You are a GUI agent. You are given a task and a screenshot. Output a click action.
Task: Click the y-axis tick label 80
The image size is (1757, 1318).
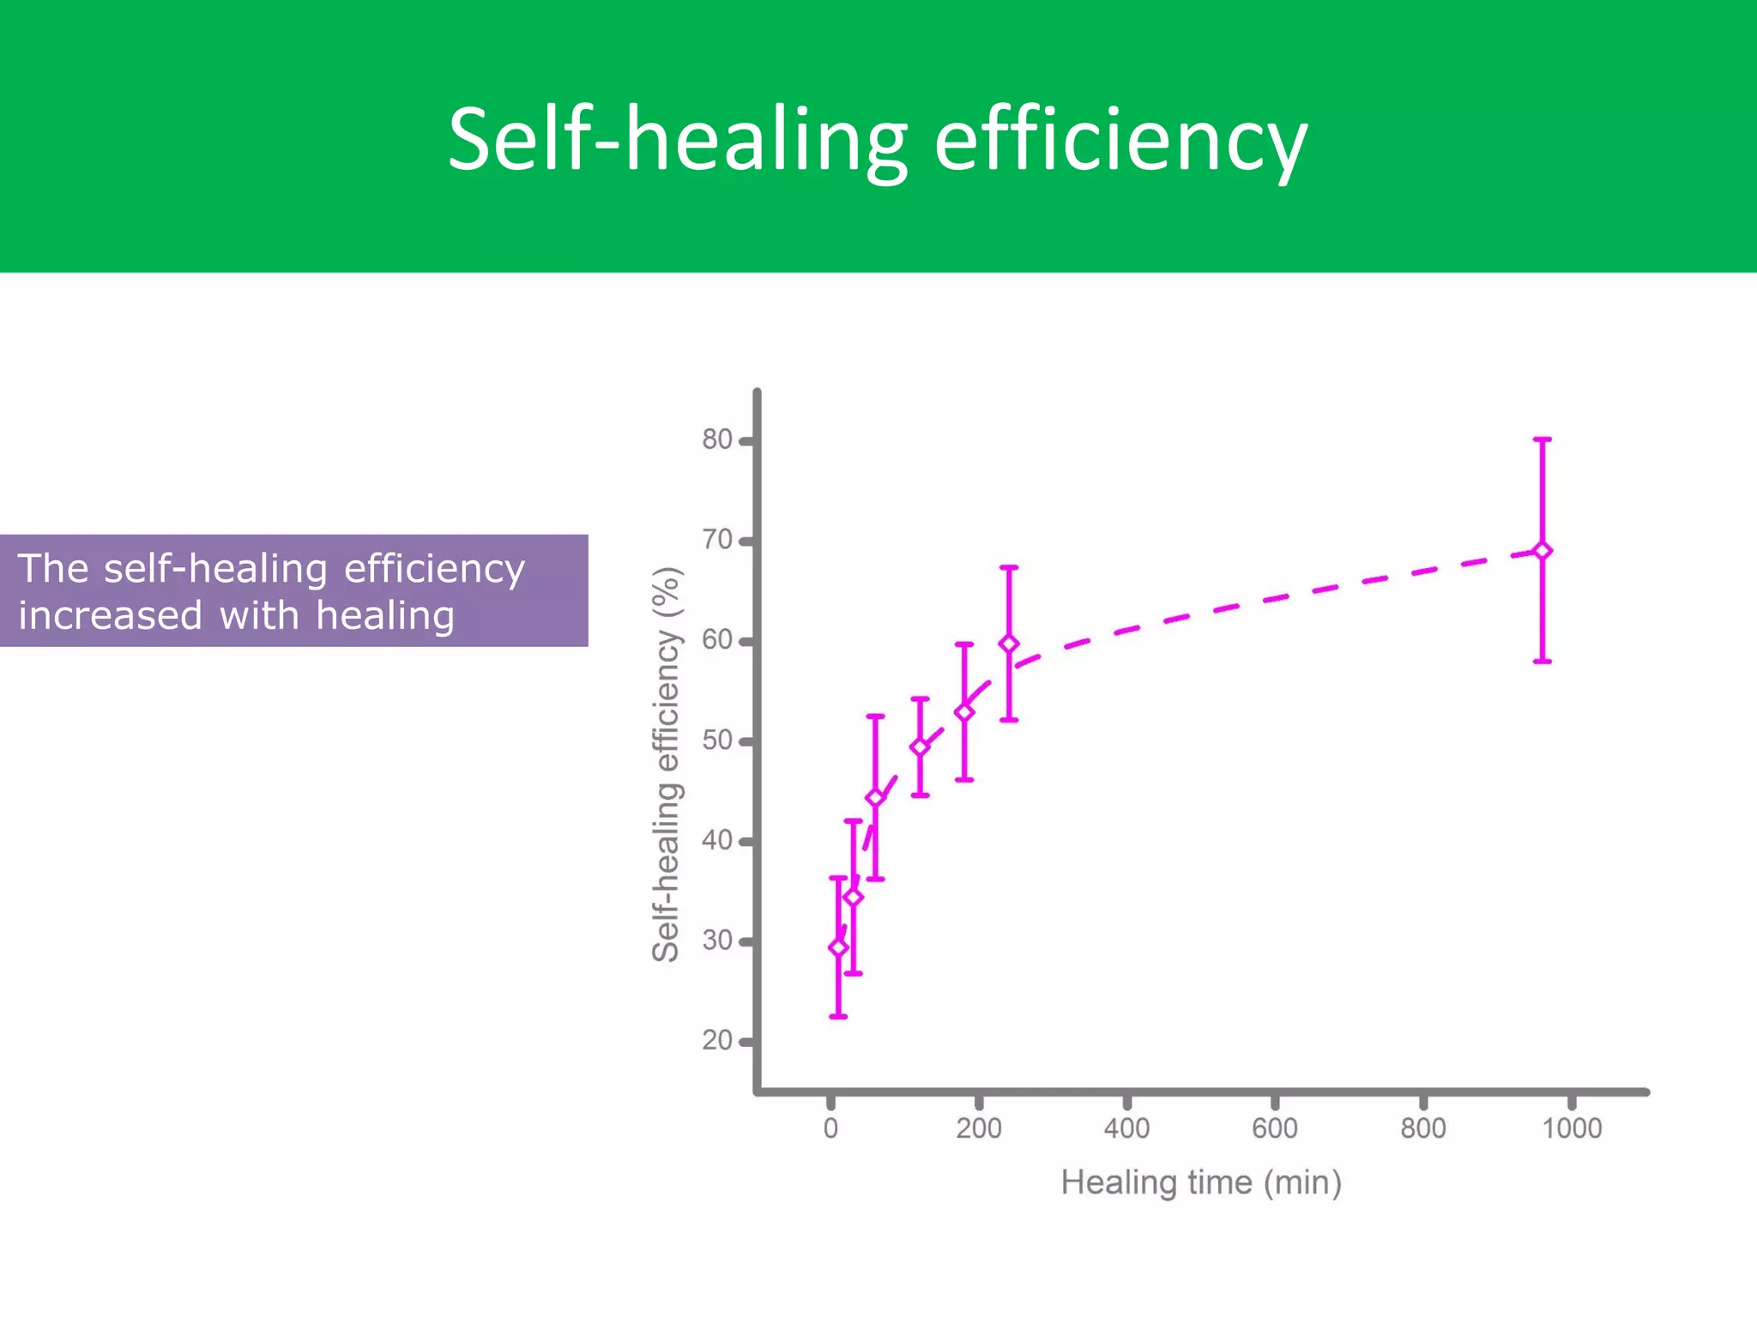point(717,440)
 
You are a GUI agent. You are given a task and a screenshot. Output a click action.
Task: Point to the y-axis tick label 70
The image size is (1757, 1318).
point(717,541)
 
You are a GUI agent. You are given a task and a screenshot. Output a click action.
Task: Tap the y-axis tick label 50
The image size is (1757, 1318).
point(717,741)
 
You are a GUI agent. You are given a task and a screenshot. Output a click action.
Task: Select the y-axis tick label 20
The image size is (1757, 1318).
point(717,1041)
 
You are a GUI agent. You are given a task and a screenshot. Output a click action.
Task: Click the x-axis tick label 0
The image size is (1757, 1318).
point(830,1128)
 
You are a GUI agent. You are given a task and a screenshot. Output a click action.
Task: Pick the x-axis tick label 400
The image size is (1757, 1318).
point(1126,1128)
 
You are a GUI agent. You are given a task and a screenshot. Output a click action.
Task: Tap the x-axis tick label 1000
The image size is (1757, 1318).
point(1572,1128)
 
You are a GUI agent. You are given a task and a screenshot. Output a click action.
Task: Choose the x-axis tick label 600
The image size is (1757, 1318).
point(1275,1128)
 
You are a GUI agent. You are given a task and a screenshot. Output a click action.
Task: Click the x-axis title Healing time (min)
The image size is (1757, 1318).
point(1201,1183)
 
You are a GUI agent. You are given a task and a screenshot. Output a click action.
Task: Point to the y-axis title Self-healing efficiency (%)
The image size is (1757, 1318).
point(667,764)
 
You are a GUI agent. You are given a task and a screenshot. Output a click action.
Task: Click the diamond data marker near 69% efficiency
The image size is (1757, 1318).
point(1542,551)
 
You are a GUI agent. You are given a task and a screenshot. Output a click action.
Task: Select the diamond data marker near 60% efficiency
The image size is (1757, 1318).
point(1009,644)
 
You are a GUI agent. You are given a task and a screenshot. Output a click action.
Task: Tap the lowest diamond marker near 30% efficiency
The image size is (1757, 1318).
point(838,947)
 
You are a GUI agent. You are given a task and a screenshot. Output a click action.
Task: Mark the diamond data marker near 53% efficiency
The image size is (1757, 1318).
point(964,712)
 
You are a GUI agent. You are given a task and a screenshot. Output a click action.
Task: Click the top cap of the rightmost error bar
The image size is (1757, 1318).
point(1542,439)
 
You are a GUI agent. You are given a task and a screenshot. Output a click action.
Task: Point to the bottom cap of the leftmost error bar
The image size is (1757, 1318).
point(838,1017)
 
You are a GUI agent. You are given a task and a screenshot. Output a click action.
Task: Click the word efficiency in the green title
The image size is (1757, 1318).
point(1120,140)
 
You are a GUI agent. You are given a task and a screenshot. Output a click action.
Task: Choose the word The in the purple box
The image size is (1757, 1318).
point(52,569)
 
